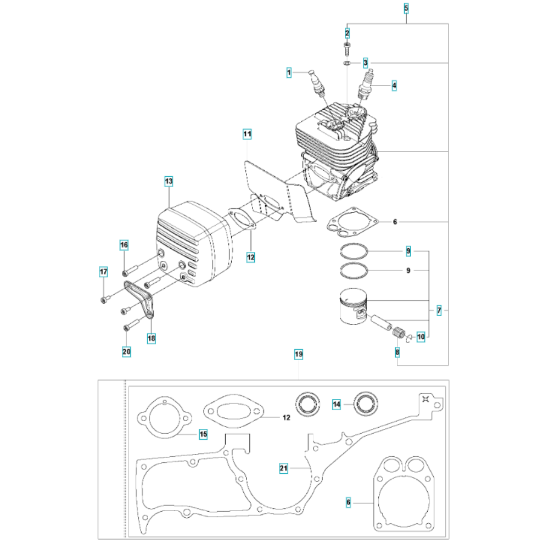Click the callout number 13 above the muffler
click(x=169, y=181)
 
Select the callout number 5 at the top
click(x=406, y=8)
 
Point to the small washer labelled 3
click(x=347, y=63)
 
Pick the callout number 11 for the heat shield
click(x=247, y=134)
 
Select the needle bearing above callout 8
click(x=397, y=332)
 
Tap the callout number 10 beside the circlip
click(x=421, y=337)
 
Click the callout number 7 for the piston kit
click(x=439, y=310)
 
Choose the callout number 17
click(x=103, y=272)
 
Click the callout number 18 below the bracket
click(x=152, y=338)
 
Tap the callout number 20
click(x=126, y=351)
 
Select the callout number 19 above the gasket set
click(x=299, y=354)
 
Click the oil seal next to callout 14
click(x=366, y=404)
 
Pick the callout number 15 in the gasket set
click(x=204, y=434)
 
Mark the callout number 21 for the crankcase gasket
click(x=284, y=468)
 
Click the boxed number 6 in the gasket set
click(x=348, y=502)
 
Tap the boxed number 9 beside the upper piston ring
click(x=408, y=251)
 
